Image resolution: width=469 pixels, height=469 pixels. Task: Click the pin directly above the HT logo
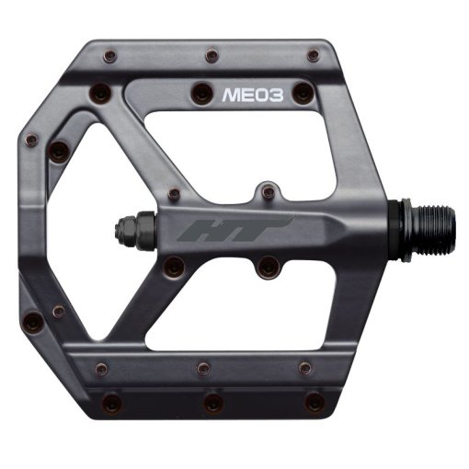pos(268,191)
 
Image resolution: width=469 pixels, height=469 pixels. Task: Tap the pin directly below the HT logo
pos(268,268)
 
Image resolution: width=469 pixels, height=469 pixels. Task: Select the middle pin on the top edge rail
pos(212,56)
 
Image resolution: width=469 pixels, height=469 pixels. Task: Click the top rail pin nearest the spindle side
pos(313,55)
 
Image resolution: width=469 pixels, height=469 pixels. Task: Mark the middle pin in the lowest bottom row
pos(212,403)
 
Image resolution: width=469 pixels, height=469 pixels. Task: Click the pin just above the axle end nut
pos(174,194)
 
